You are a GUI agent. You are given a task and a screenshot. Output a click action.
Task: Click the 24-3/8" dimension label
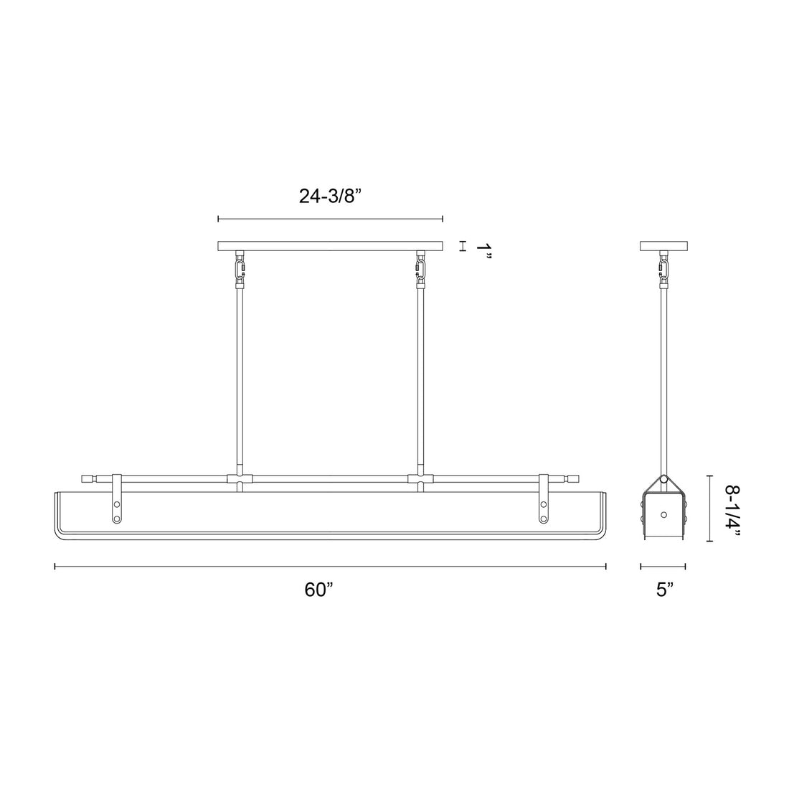(331, 197)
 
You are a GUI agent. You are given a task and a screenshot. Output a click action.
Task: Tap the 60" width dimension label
(319, 589)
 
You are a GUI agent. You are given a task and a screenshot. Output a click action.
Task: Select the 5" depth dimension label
(665, 589)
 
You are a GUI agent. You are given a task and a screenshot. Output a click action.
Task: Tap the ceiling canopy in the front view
(331, 246)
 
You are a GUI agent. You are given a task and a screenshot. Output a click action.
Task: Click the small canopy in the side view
(663, 246)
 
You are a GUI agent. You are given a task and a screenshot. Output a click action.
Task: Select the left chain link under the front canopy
(239, 270)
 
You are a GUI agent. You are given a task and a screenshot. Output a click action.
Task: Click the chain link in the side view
(663, 270)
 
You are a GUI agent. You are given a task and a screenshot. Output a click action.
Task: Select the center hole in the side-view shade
(664, 514)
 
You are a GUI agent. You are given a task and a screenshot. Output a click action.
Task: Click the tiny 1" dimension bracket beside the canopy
(463, 246)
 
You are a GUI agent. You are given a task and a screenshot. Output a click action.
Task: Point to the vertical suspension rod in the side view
(663, 373)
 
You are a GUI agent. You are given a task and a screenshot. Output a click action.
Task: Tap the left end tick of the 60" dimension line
(56, 566)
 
